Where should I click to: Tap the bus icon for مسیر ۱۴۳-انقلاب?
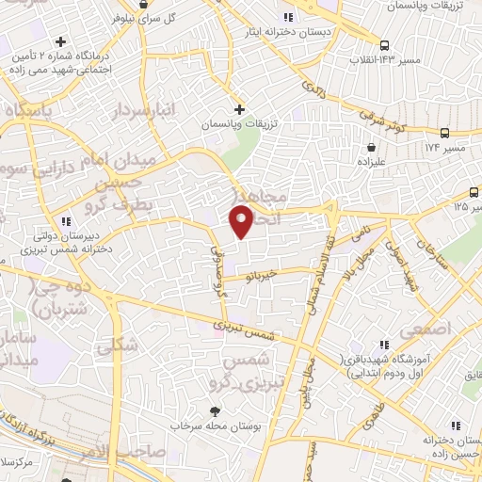point(384,45)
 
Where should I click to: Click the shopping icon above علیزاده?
point(374,148)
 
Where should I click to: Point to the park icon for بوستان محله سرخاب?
point(215,410)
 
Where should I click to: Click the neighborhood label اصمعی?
point(423,330)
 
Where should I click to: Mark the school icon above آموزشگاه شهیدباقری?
point(383,346)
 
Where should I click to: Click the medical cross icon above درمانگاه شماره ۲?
point(61,41)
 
